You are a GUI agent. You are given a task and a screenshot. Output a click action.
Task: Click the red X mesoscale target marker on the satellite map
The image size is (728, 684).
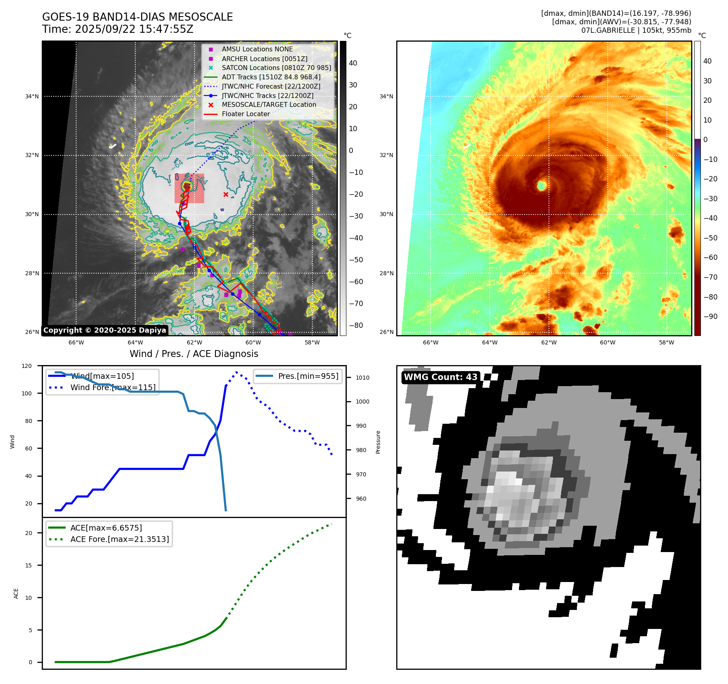pyautogui.click(x=226, y=195)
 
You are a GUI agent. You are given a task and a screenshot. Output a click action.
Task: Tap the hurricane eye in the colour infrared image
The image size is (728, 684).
pyautogui.click(x=542, y=186)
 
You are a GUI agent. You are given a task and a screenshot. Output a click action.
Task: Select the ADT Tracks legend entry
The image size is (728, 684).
pyautogui.click(x=271, y=77)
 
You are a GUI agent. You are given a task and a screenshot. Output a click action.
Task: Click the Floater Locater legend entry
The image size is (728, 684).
pyautogui.click(x=246, y=114)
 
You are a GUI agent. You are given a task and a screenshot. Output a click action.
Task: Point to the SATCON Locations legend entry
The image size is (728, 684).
pyautogui.click(x=276, y=68)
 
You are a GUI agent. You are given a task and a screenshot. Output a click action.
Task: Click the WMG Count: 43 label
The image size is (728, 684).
pyautogui.click(x=440, y=377)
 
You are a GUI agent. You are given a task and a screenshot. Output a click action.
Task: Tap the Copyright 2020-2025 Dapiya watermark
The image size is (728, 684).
pyautogui.click(x=105, y=330)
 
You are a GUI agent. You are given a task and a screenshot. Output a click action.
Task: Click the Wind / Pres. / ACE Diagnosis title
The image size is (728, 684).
pyautogui.click(x=194, y=354)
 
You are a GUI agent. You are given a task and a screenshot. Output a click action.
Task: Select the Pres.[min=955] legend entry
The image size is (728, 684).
pyautogui.click(x=308, y=376)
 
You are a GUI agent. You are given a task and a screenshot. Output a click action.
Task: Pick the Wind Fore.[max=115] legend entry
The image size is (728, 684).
pyautogui.click(x=113, y=387)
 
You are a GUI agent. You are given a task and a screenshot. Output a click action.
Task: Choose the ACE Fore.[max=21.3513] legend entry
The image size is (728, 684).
pyautogui.click(x=120, y=539)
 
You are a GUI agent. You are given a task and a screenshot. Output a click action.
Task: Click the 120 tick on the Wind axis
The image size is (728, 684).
pyautogui.click(x=27, y=366)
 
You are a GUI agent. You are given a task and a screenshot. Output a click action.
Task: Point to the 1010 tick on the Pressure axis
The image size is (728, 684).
pyautogui.click(x=363, y=378)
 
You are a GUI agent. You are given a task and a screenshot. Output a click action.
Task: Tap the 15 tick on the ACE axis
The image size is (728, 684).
pyautogui.click(x=28, y=565)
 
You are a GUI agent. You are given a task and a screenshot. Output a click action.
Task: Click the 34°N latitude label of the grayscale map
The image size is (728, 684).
pyautogui.click(x=32, y=96)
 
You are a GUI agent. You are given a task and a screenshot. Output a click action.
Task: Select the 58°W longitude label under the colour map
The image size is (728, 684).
pyautogui.click(x=666, y=342)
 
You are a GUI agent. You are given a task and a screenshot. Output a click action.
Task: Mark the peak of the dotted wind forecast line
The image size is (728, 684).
pyautogui.click(x=237, y=372)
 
